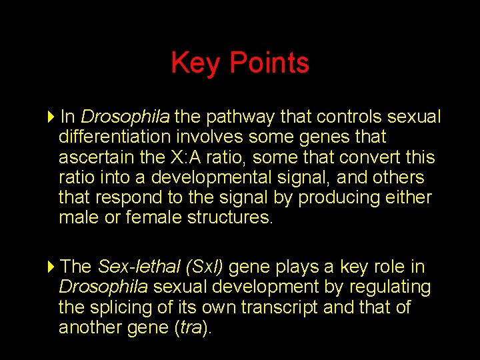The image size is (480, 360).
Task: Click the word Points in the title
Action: pos(269,63)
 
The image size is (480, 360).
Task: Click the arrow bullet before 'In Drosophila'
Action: pos(53,117)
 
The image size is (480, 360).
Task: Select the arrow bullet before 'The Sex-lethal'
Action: pos(53,267)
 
